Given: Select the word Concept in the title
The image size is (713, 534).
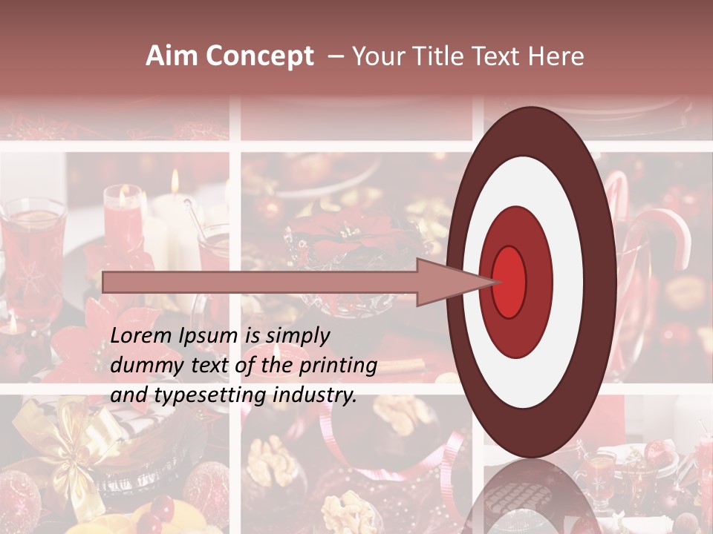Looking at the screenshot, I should [x=259, y=56].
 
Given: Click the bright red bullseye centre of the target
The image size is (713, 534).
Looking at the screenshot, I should [x=509, y=282].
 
